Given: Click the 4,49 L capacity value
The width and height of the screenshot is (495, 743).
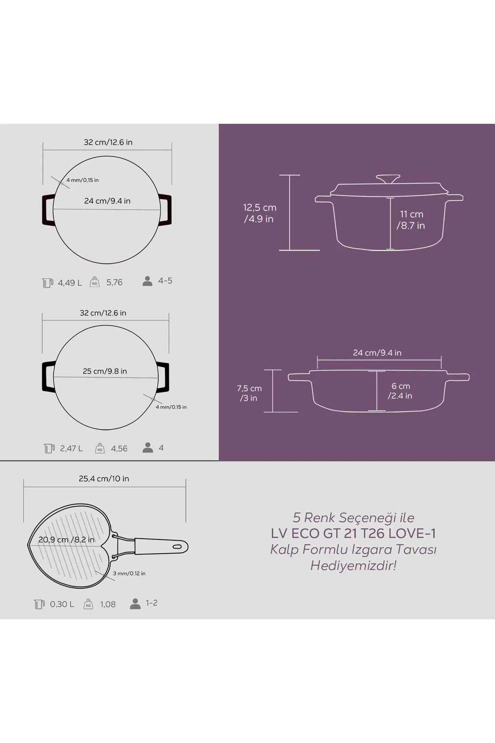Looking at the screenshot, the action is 70,283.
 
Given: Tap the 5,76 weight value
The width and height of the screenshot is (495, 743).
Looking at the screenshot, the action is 114,282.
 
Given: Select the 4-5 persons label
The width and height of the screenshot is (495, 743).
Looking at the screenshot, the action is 165,281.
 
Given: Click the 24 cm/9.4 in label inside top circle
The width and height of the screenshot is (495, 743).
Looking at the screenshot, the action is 107,201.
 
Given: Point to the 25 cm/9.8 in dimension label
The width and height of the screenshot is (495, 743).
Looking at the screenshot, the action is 105,371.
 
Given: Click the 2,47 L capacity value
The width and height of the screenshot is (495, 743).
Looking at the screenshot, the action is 71,448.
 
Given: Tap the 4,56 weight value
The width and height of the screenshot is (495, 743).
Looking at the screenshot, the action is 119,448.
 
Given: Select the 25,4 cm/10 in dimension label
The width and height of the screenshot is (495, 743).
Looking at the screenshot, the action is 104,479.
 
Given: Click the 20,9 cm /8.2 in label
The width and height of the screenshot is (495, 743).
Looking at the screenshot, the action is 66,540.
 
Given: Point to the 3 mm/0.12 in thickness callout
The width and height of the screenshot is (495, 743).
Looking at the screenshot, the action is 129,573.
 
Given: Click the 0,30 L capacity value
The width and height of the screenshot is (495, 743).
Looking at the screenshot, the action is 62,604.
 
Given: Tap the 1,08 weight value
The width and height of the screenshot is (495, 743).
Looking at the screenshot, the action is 108,604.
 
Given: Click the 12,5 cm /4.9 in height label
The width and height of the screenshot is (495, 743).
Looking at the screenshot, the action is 259,213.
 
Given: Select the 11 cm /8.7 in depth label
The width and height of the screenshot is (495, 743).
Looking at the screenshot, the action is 411,220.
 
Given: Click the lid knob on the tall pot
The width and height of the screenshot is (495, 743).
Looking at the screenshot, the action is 388,179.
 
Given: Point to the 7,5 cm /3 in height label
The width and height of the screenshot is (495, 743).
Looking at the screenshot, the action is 249,393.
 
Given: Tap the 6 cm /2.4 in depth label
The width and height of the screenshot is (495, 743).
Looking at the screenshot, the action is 400,390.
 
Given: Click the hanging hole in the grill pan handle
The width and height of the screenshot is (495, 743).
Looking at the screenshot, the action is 177,547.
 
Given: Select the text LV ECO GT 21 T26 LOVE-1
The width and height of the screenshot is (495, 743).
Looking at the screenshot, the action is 353,533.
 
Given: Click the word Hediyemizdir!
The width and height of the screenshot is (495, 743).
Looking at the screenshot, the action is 353,565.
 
